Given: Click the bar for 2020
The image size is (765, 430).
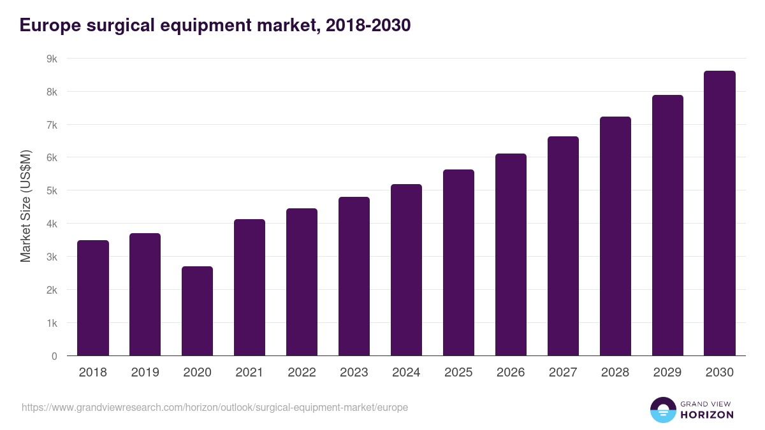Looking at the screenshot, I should coord(197,311).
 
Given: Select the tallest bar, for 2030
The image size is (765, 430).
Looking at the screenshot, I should coord(720,213).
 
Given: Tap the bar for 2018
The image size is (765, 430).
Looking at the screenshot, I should coord(93,298).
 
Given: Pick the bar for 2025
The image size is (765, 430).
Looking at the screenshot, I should coord(458,262).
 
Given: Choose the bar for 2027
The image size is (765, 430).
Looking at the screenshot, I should coord(563,246).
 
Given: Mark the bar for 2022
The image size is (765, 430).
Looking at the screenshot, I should coord(302,282).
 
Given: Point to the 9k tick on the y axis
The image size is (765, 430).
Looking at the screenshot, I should coord(52,59).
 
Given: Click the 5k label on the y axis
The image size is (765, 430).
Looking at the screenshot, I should coord(52,190).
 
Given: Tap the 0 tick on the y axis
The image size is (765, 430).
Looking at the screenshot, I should coord(54,356).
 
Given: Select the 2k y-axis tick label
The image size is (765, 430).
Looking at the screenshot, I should coord(52,290).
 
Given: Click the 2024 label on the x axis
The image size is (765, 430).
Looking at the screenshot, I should coord(406,373).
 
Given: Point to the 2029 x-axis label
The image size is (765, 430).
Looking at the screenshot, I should coord(667,373).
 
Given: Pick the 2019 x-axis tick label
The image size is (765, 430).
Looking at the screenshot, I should coord(145,373).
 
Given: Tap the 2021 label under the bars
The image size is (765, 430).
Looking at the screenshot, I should coord(249,373).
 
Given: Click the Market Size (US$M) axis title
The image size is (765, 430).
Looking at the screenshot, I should coord(25,206).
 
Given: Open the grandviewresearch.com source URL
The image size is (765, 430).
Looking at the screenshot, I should coord(215,407).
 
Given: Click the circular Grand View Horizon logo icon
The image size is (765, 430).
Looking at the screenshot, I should coord(662,410).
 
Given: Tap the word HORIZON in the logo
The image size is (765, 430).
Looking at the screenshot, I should coord(707,415).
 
